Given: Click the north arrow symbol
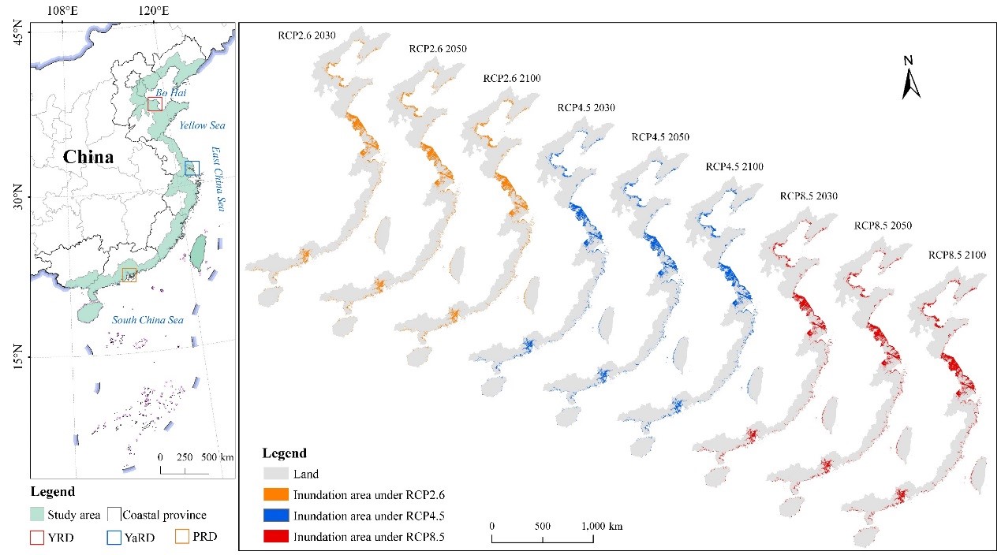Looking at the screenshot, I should click(x=911, y=79).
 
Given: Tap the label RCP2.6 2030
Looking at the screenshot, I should click(x=306, y=35).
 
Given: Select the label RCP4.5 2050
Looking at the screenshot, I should click(x=660, y=136).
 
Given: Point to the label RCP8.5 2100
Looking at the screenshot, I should click(x=957, y=255).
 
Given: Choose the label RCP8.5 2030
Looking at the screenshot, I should click(x=809, y=196).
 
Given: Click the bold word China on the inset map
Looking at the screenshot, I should click(x=88, y=157).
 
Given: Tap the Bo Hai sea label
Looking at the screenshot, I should click(x=170, y=93).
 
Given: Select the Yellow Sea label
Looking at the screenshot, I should click(x=202, y=125).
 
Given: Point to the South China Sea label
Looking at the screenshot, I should click(x=148, y=320).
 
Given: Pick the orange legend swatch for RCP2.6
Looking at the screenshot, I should click(x=274, y=495).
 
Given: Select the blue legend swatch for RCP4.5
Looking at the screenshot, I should click(x=274, y=516).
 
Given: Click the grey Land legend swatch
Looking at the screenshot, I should click(x=274, y=474).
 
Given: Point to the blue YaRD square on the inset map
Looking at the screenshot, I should click(x=192, y=168).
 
